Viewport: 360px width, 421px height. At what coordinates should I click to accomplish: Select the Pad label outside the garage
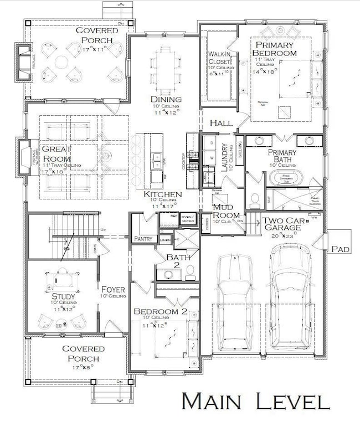pyautogui.click(x=340, y=250)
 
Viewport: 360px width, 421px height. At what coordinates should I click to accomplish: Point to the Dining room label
pyautogui.click(x=166, y=99)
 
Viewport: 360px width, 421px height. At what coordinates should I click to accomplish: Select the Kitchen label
pyautogui.click(x=162, y=195)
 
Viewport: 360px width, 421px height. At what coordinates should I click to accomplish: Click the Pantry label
pyautogui.click(x=143, y=238)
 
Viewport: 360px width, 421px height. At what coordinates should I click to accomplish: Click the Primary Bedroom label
pyautogui.click(x=274, y=48)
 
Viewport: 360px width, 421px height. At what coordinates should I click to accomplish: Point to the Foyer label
pyautogui.click(x=113, y=289)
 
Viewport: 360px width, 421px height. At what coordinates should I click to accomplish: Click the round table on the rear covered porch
pyautogui.click(x=61, y=60)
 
